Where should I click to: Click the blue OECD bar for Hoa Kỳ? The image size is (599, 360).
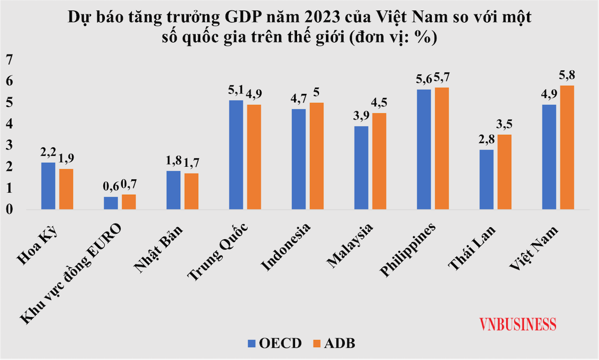click(x=48, y=186)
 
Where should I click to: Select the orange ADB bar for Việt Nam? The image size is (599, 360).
click(x=567, y=147)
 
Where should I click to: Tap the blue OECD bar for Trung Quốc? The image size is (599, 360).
click(x=236, y=155)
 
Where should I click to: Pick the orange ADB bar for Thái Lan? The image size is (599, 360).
click(x=504, y=172)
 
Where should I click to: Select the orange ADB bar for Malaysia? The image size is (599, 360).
click(x=379, y=161)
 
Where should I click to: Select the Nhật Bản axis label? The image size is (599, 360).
click(x=159, y=249)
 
